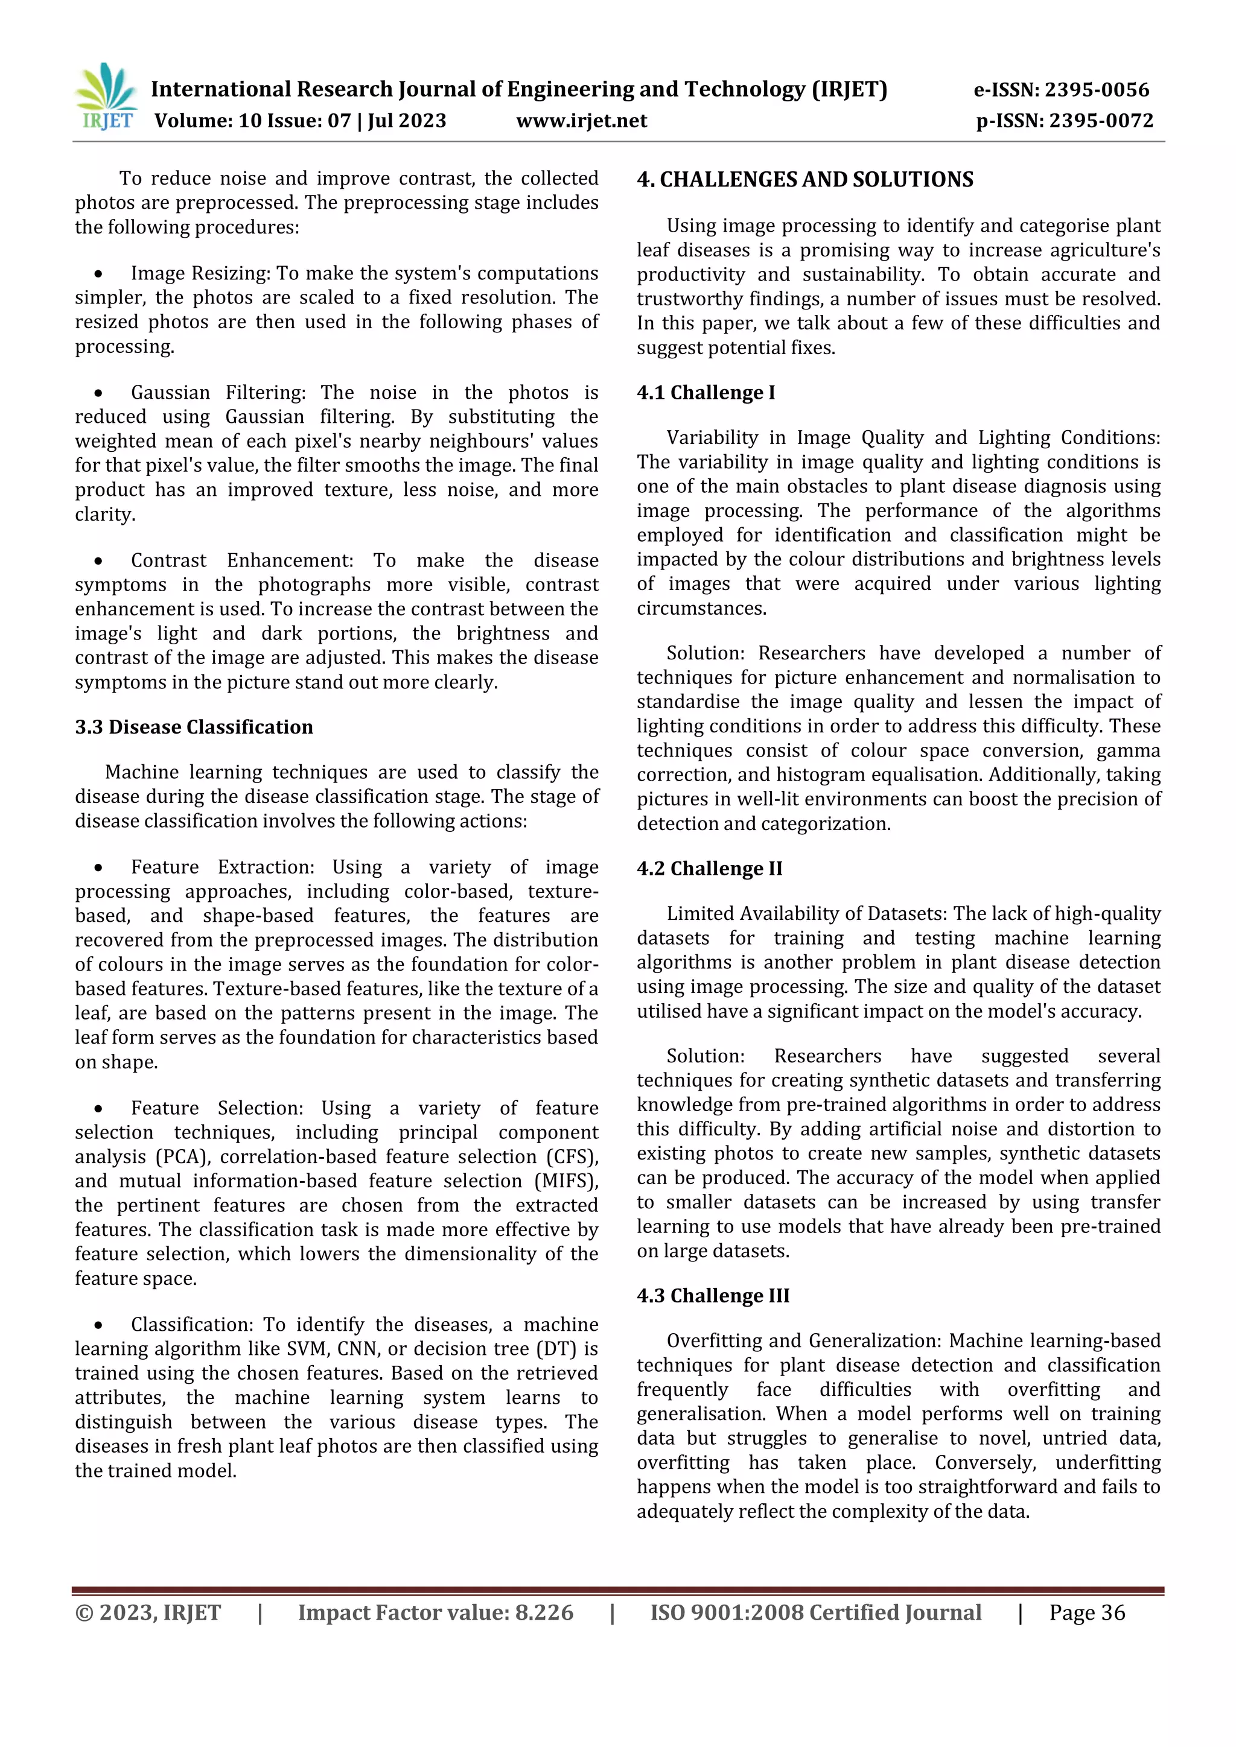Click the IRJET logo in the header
(x=107, y=97)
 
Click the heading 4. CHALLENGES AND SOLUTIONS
(x=805, y=180)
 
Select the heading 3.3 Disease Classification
(x=194, y=727)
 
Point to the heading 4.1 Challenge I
(x=706, y=393)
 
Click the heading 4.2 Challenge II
(x=709, y=869)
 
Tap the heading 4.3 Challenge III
(x=713, y=1296)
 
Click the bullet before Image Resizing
(x=98, y=274)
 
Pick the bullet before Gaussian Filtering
(x=98, y=393)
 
